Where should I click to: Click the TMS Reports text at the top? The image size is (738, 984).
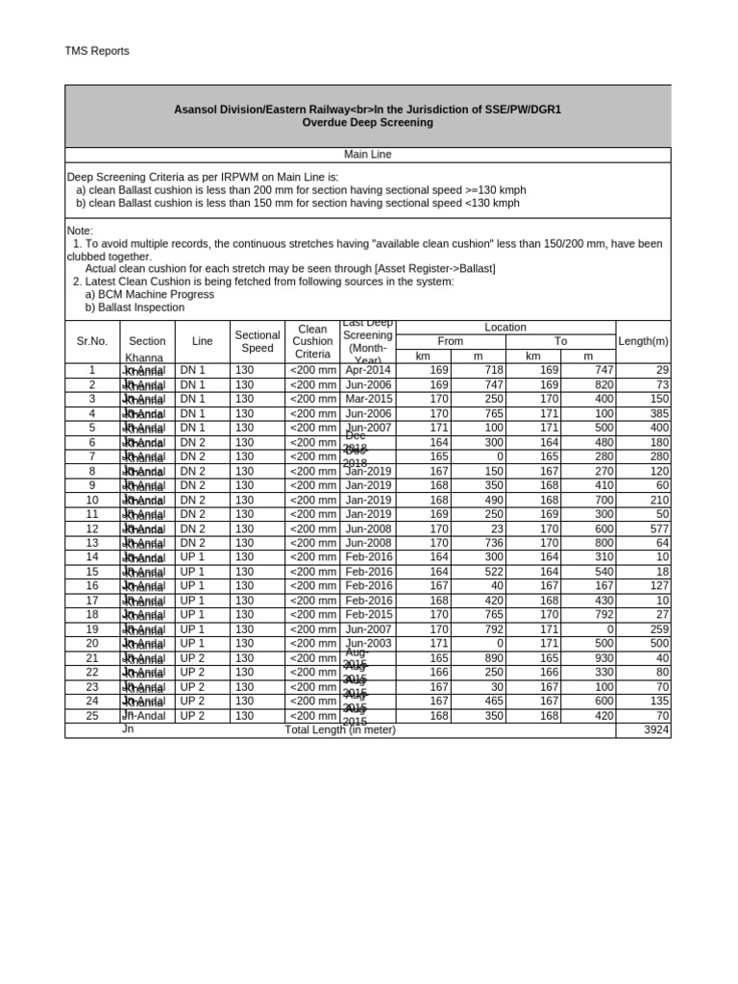(x=96, y=51)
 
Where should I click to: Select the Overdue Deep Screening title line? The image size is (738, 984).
(x=367, y=123)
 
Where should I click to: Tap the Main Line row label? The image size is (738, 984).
(x=367, y=154)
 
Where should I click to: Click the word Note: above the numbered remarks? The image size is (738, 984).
(x=80, y=231)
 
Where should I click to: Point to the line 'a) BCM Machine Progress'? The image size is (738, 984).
(x=149, y=294)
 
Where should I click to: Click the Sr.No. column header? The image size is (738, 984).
(x=91, y=341)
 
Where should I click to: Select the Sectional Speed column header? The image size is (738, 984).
(x=257, y=341)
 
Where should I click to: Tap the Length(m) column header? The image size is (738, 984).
(x=643, y=341)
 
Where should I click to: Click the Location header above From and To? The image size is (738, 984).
(x=505, y=328)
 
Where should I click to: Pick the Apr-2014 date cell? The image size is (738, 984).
(x=368, y=370)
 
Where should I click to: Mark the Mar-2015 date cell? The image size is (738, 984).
(x=368, y=399)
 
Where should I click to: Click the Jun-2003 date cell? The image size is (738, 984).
(x=368, y=643)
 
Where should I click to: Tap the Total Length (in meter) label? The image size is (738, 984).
(x=340, y=730)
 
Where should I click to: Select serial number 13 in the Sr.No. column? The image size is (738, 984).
(x=92, y=543)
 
